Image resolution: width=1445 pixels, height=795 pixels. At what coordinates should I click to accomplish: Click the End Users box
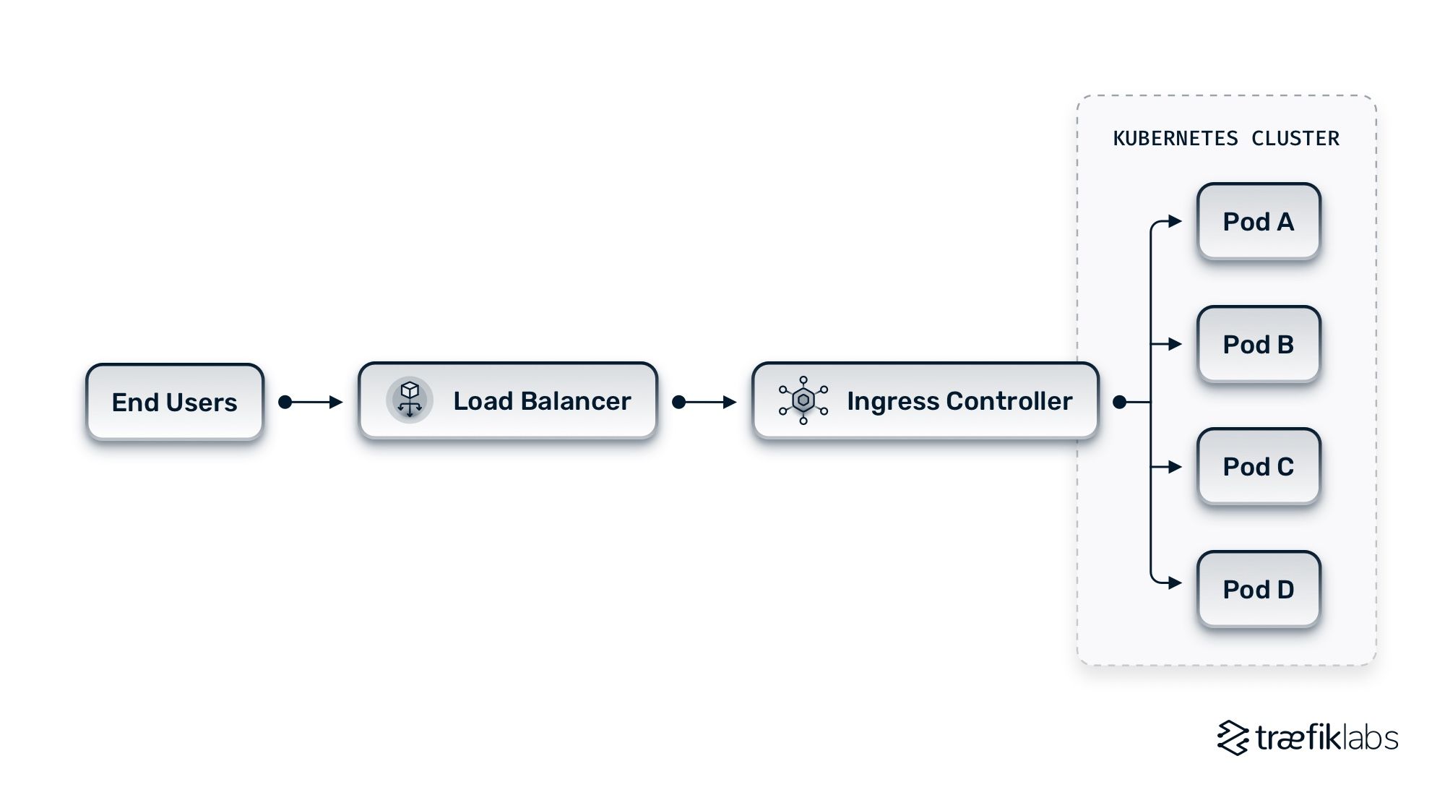pyautogui.click(x=174, y=402)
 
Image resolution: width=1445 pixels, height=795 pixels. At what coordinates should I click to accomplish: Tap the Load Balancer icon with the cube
pyautogui.click(x=410, y=400)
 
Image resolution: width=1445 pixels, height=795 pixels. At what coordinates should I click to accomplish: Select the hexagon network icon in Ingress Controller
pyautogui.click(x=803, y=400)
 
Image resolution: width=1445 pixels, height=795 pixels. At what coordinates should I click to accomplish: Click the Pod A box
pyautogui.click(x=1258, y=221)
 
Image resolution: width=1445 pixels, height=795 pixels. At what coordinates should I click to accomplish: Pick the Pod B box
pyautogui.click(x=1258, y=344)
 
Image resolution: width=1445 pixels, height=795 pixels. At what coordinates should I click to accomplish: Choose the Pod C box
pyautogui.click(x=1258, y=466)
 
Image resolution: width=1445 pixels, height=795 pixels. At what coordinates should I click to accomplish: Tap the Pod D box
pyautogui.click(x=1258, y=589)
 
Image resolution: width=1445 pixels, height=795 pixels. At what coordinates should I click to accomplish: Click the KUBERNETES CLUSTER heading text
pyautogui.click(x=1225, y=138)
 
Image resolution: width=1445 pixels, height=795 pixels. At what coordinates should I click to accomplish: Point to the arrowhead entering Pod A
pyautogui.click(x=1176, y=221)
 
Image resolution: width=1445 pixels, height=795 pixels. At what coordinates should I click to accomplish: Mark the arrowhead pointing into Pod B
pyautogui.click(x=1176, y=344)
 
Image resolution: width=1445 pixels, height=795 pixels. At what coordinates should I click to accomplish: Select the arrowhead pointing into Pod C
pyautogui.click(x=1176, y=467)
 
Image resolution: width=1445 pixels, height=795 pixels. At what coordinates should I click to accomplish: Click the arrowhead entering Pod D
pyautogui.click(x=1176, y=583)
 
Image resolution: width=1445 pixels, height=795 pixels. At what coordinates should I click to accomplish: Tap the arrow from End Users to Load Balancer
pyautogui.click(x=312, y=402)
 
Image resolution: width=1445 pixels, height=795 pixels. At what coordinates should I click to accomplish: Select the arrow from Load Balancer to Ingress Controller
pyautogui.click(x=706, y=402)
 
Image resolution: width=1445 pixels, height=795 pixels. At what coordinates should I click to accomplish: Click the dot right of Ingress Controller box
pyautogui.click(x=1119, y=402)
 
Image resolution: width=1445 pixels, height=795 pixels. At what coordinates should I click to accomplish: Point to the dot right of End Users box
pyautogui.click(x=285, y=402)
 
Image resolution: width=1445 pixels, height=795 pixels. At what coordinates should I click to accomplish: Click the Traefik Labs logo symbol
pyautogui.click(x=1233, y=738)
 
